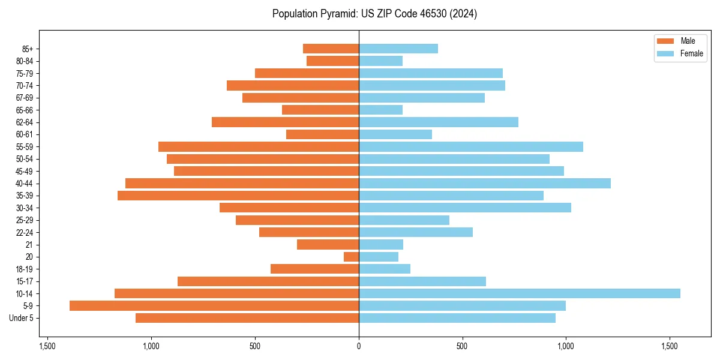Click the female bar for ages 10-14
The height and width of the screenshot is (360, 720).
[x=519, y=293]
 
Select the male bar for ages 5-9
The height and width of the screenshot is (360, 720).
[x=214, y=306]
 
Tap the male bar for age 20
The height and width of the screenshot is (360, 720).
[x=352, y=257]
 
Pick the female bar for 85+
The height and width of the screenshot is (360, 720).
[x=398, y=49]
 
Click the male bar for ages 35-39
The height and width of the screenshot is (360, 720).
[x=238, y=196]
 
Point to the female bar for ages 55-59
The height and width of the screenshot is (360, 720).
[x=471, y=147]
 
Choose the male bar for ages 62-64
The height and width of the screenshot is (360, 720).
[x=285, y=122]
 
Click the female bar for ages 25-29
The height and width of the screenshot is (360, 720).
[x=404, y=220]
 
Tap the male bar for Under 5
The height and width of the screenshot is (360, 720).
[x=247, y=318]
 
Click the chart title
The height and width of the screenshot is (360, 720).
[x=374, y=14]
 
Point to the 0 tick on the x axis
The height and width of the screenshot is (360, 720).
[x=359, y=346]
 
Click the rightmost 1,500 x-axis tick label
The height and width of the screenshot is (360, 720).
[x=670, y=346]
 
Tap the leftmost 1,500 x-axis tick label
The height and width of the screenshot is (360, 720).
[x=47, y=346]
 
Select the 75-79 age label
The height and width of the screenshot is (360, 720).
[x=25, y=73]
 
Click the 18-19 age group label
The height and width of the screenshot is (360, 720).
[x=25, y=269]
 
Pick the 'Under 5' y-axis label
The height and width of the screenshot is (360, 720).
[x=22, y=318]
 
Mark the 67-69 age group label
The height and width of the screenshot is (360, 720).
[x=25, y=98]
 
